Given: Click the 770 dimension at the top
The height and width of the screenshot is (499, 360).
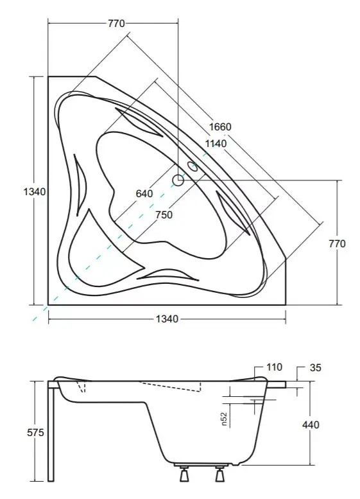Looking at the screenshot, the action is pos(116,24).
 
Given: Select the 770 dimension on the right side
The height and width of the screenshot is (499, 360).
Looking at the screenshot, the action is pos(337,244).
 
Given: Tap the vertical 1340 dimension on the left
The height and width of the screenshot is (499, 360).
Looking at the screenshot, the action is pos(35,191).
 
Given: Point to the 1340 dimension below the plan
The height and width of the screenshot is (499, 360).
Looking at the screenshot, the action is pos(167,319).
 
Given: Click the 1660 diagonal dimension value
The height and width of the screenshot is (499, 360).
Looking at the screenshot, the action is pos(220,127).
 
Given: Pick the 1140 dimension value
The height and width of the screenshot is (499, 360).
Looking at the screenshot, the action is pos(216,143).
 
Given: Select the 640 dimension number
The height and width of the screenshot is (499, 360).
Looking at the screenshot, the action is pos(144,193).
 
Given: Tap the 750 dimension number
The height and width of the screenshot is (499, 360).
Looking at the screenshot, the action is pos(164,214).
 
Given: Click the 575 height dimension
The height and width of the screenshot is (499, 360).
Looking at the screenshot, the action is pos(35,432).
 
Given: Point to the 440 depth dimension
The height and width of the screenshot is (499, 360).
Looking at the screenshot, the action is pos(311,425).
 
